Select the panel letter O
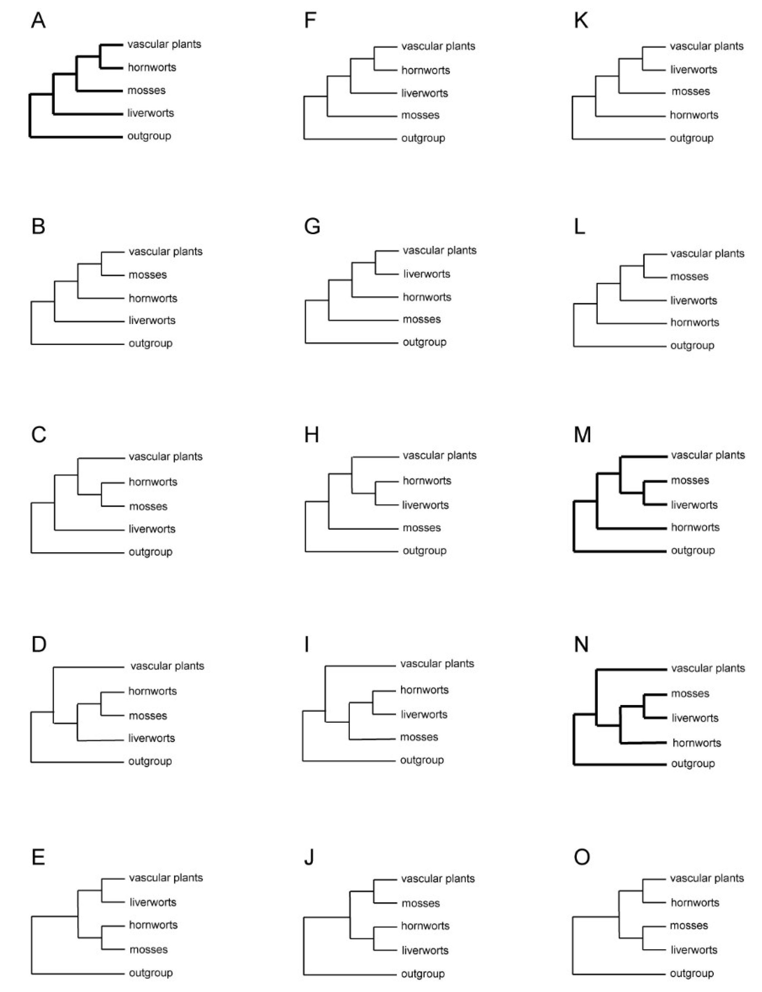click(582, 857)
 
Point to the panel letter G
click(312, 226)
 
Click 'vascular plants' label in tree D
click(167, 666)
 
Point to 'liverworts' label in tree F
click(425, 93)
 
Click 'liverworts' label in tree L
click(694, 300)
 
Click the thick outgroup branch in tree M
click(621, 551)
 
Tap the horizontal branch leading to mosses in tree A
click(100, 91)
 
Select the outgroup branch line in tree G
click(352, 343)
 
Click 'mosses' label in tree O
click(689, 925)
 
